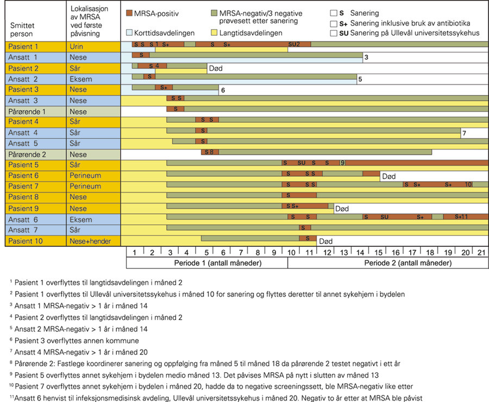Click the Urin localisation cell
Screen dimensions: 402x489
click(77, 47)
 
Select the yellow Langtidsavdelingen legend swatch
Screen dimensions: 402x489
click(215, 33)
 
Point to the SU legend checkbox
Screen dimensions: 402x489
click(334, 33)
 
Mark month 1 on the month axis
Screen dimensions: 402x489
click(134, 252)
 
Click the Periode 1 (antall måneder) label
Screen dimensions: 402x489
click(206, 263)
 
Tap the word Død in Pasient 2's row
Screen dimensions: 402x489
click(215, 69)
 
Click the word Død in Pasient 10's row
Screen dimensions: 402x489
click(325, 241)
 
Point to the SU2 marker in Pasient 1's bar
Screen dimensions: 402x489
click(294, 44)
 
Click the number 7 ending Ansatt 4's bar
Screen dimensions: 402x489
click(464, 133)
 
